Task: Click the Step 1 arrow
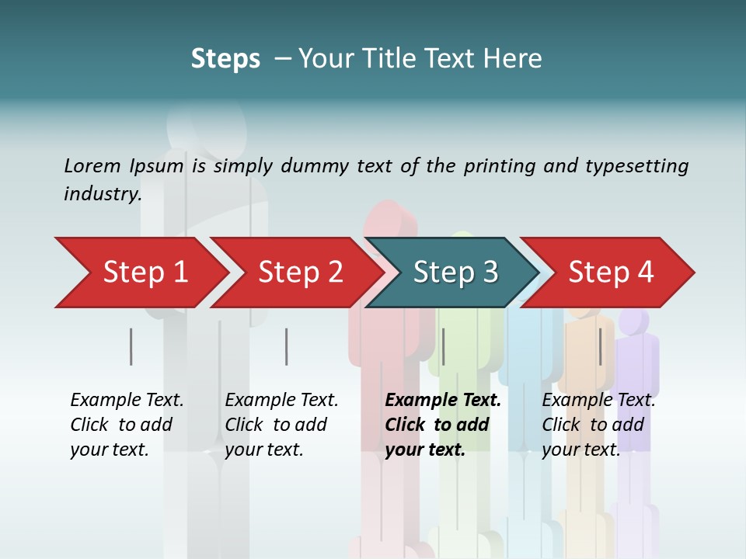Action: [144, 273]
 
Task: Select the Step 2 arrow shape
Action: [299, 273]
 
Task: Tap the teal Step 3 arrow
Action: [455, 273]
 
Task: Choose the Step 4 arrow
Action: [611, 273]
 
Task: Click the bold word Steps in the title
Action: [225, 58]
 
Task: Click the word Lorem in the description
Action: [92, 165]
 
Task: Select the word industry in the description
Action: [102, 193]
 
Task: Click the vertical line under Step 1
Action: [131, 346]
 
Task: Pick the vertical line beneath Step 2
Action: [287, 346]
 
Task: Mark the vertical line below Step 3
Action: [444, 346]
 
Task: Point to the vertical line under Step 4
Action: [600, 346]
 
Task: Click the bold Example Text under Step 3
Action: [443, 400]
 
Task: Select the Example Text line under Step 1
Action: [127, 400]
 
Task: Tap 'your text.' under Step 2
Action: [263, 450]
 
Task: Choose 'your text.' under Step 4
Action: [580, 450]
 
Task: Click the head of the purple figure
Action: [634, 321]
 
